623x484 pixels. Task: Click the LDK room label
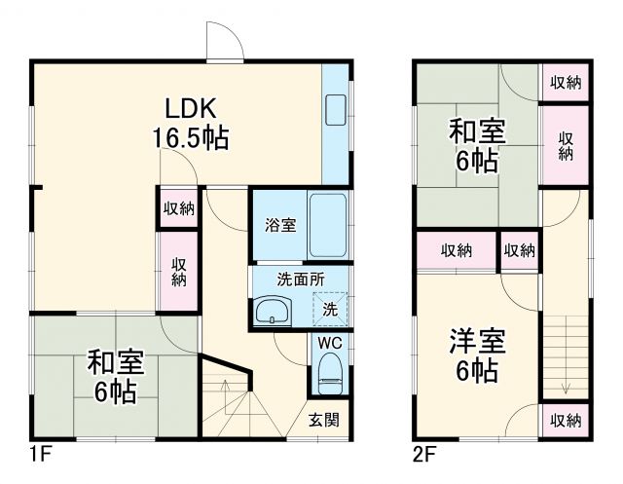tap(190, 107)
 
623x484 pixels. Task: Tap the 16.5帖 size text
tap(190, 137)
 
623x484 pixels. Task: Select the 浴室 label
tap(280, 225)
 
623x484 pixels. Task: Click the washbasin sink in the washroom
tap(272, 313)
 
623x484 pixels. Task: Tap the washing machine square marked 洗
tap(330, 310)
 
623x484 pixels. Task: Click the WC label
tap(327, 344)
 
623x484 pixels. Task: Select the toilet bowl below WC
tap(329, 373)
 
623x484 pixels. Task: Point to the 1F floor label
tap(39, 453)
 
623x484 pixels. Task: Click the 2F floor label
tap(423, 453)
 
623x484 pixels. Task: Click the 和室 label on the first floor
tap(116, 363)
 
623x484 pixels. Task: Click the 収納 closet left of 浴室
tap(179, 207)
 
